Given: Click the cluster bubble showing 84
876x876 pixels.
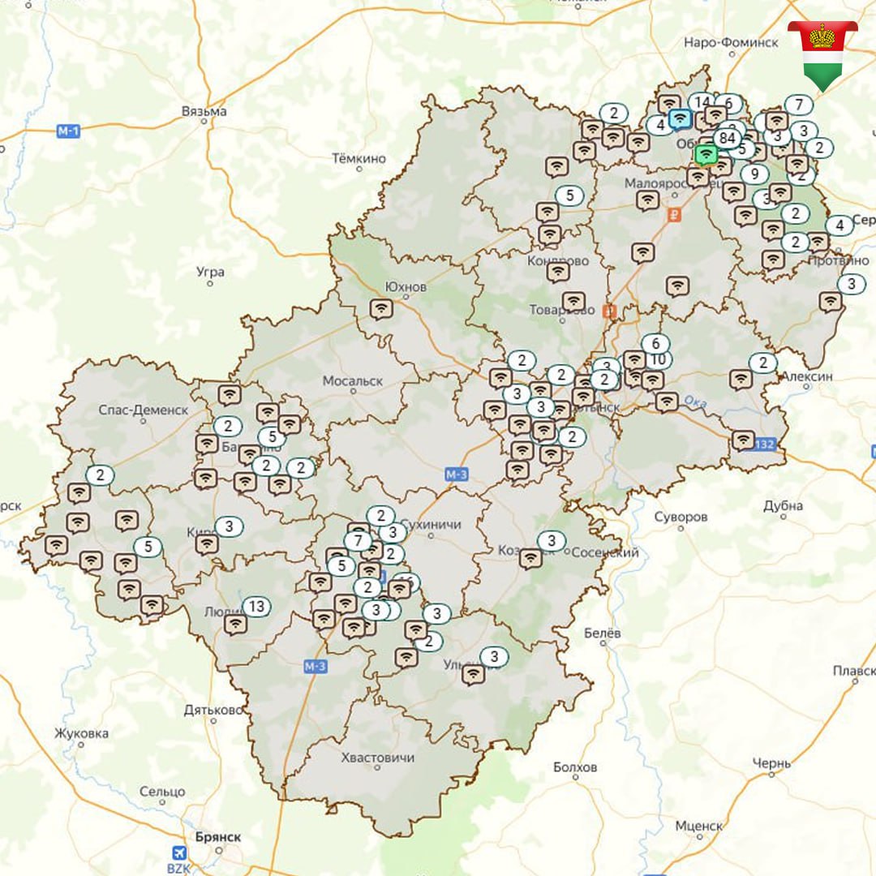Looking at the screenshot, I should click(727, 138).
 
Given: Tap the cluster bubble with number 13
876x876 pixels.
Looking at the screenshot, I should click(257, 607).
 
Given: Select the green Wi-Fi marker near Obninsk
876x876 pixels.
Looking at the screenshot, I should click(706, 153).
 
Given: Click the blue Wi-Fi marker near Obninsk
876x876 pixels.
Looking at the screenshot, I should click(681, 120).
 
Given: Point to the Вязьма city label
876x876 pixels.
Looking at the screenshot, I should click(204, 110).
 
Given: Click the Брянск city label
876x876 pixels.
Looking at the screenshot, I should click(218, 836).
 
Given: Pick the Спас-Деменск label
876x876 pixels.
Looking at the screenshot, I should click(143, 410).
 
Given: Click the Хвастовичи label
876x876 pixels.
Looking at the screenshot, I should click(378, 758).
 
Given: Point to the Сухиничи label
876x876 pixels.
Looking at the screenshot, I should click(431, 524).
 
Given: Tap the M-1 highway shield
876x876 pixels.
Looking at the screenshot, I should click(69, 131).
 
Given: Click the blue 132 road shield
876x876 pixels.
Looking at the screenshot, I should click(764, 444).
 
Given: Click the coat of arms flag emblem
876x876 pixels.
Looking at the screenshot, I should click(822, 50).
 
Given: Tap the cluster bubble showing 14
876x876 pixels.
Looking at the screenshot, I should click(702, 102).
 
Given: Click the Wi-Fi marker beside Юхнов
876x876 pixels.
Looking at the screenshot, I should click(380, 308).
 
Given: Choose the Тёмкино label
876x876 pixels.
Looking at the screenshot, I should click(359, 158).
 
